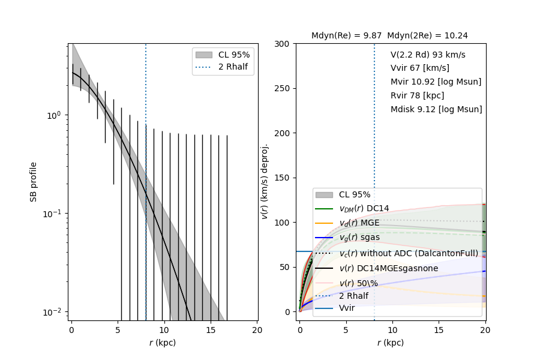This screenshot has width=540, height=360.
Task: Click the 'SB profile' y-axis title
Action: click(x=34, y=181)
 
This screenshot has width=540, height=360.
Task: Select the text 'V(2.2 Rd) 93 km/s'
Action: click(x=428, y=55)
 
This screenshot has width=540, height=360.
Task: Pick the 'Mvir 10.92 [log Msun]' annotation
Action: click(x=436, y=82)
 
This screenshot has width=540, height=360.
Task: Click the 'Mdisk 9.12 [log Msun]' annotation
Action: click(x=436, y=110)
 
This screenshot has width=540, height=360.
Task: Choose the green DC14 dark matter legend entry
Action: click(x=364, y=208)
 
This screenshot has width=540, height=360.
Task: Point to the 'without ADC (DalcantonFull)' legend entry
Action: click(x=409, y=253)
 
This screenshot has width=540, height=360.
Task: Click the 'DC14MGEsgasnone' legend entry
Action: click(x=388, y=268)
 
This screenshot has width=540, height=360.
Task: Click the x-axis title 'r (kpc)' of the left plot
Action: click(x=163, y=343)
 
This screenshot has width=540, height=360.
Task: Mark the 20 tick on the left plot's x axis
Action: click(x=257, y=331)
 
